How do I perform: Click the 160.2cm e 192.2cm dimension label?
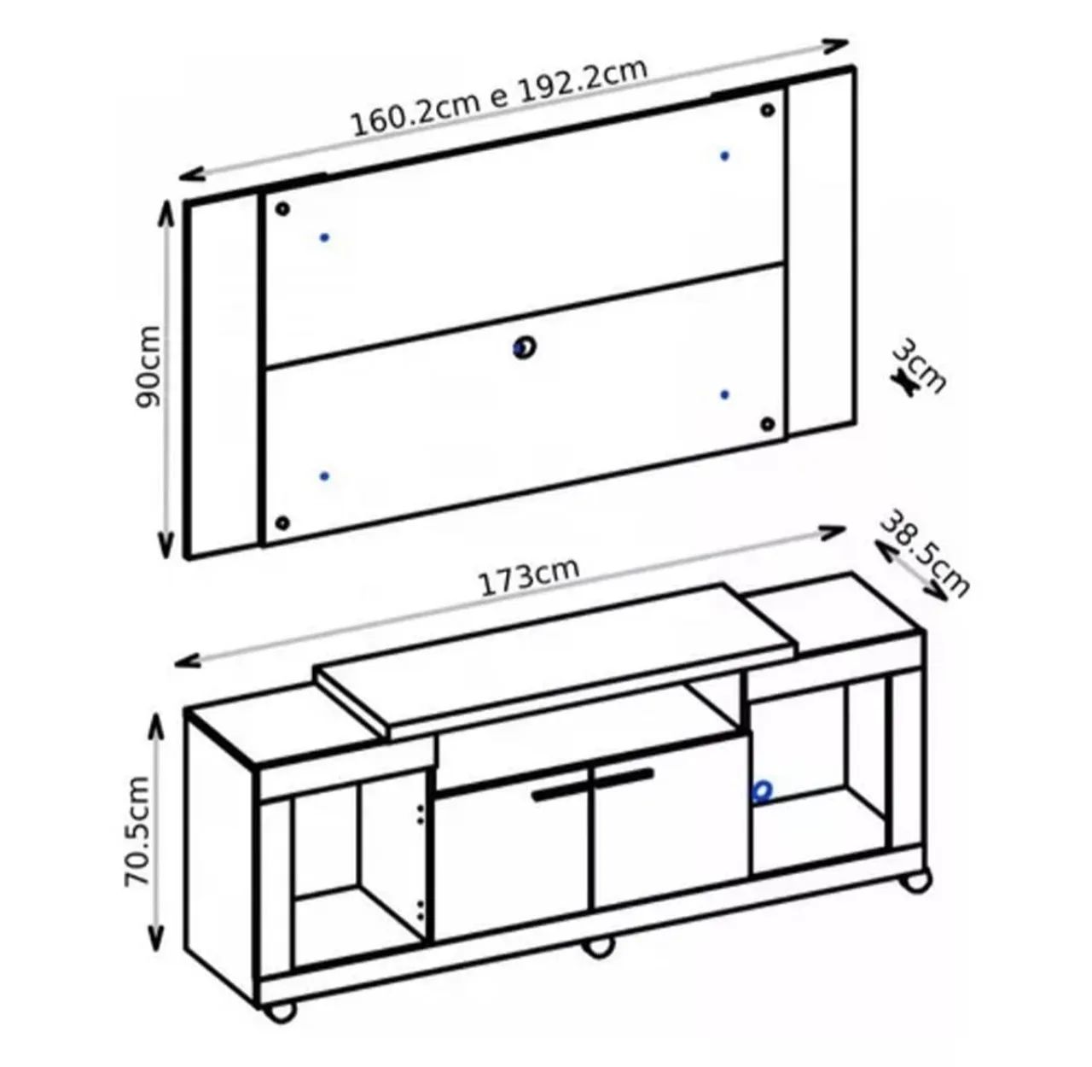tap(499, 97)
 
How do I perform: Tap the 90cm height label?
tap(148, 366)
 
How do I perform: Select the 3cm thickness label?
tap(919, 365)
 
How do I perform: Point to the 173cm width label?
tap(529, 576)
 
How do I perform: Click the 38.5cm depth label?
tap(924, 552)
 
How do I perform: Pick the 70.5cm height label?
tap(138, 831)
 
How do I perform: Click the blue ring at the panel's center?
tap(524, 347)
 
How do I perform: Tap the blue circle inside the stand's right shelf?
tap(762, 791)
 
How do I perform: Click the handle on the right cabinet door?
tap(624, 777)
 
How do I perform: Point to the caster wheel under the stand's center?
tap(598, 946)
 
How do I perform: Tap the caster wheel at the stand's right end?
tap(915, 880)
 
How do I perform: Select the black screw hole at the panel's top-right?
tap(767, 110)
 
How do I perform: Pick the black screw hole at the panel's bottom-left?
tap(283, 522)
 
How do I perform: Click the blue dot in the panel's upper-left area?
tap(324, 237)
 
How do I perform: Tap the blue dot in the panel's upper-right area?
tap(724, 156)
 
